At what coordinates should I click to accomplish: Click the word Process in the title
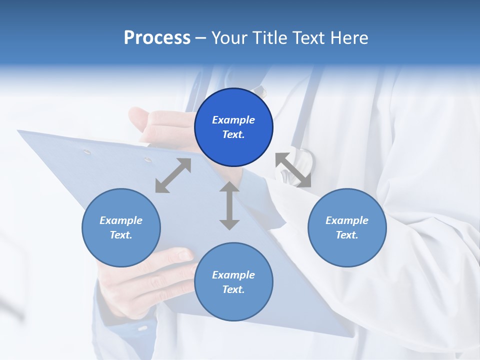[157, 38]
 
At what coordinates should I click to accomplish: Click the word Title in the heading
[267, 38]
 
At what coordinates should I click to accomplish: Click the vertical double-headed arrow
[229, 205]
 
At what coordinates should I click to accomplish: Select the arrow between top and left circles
[173, 175]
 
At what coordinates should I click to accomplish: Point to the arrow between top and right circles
[293, 170]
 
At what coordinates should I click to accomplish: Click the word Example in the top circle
[233, 120]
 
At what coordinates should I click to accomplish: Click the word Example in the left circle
[121, 220]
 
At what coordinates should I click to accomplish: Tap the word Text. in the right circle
[347, 235]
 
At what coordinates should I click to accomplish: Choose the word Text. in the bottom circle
[233, 289]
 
